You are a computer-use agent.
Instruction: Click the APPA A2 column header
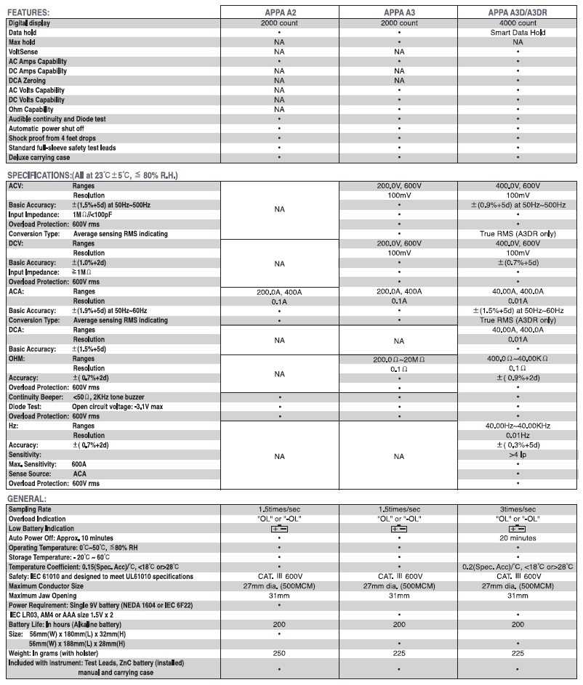279,12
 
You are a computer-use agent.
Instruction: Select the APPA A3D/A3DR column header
518,12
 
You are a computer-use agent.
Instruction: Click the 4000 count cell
518,23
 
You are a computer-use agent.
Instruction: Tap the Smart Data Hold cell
518,33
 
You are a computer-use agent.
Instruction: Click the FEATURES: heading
29,12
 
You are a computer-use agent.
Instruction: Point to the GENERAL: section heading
27,499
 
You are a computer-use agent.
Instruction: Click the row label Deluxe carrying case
40,157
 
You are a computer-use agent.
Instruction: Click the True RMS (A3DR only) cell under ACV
518,234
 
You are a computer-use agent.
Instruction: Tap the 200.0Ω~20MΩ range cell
398,359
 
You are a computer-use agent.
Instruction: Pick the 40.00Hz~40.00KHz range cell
518,426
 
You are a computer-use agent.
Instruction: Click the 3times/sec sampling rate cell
518,509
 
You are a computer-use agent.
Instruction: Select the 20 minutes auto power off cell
518,538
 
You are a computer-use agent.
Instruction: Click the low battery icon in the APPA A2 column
279,529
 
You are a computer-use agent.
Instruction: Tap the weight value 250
279,652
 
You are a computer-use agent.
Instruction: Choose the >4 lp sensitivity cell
518,454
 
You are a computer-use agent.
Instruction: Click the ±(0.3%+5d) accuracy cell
518,445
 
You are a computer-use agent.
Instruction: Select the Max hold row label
22,42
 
